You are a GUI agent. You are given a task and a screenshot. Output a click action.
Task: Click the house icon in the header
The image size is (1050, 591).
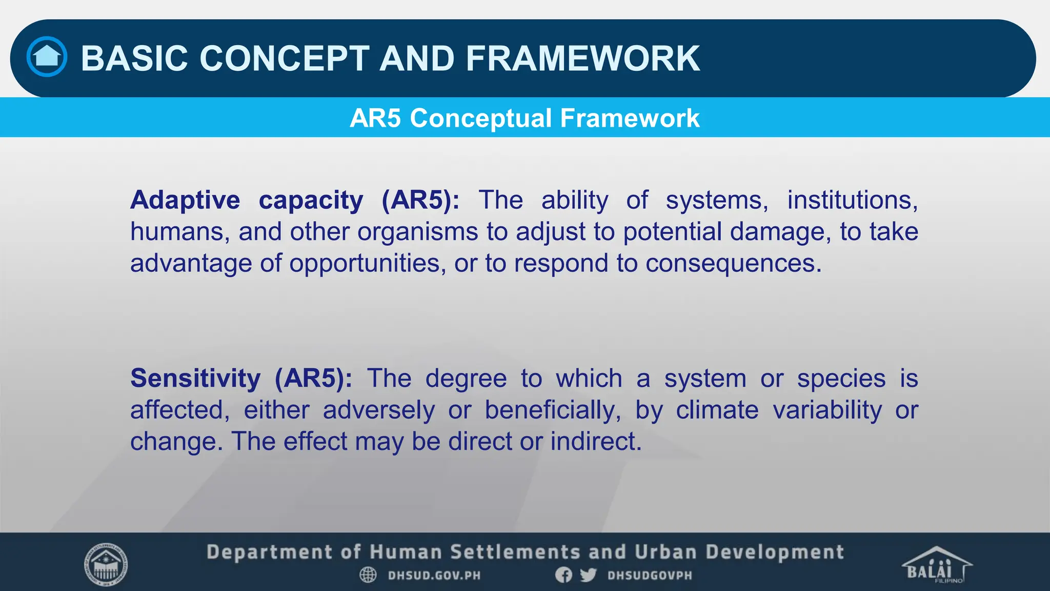click(x=47, y=56)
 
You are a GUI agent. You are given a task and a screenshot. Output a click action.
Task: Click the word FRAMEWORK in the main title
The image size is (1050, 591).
click(x=582, y=58)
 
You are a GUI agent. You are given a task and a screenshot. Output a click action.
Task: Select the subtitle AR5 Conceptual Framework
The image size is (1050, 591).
click(x=524, y=118)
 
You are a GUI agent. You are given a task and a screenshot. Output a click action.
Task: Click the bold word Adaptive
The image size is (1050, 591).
click(x=185, y=200)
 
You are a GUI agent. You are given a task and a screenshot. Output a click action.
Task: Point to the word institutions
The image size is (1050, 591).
click(x=852, y=200)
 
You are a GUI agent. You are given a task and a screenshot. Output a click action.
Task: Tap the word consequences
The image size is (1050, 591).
click(x=733, y=264)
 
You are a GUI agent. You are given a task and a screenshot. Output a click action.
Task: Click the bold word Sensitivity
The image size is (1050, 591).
click(x=195, y=379)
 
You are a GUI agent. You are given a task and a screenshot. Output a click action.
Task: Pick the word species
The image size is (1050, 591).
click(x=841, y=379)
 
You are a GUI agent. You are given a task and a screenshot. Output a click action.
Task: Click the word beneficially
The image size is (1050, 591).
click(x=553, y=410)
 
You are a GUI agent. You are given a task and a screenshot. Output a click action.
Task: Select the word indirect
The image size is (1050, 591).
click(x=596, y=442)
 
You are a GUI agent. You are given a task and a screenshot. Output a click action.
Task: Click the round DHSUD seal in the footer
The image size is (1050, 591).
click(x=106, y=565)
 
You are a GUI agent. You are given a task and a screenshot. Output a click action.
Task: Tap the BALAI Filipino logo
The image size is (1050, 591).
click(x=936, y=565)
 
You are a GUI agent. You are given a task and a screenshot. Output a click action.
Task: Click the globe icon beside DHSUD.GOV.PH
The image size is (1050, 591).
click(x=368, y=575)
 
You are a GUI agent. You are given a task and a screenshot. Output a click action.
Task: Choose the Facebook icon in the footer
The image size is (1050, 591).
click(x=563, y=575)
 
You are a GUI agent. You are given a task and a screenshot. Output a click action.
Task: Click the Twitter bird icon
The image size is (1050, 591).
click(x=588, y=575)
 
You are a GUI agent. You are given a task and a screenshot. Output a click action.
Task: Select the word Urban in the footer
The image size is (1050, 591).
click(x=665, y=553)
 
